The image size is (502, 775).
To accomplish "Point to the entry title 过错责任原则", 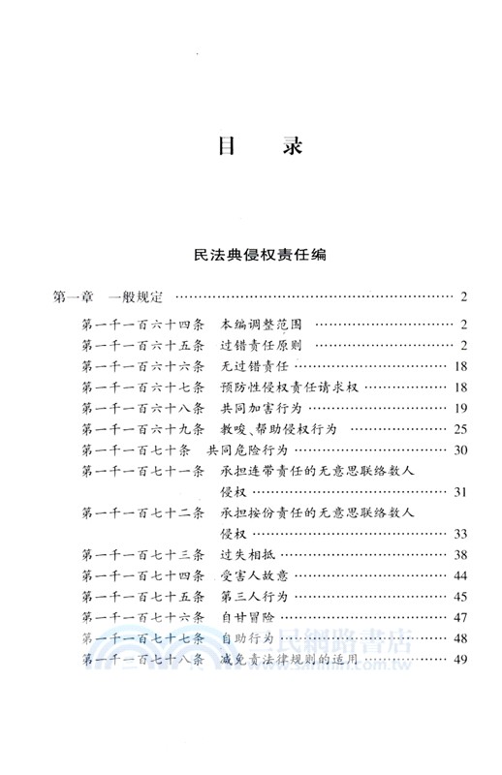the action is pyautogui.click(x=266, y=346).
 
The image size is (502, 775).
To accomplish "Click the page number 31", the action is pyautogui.click(x=459, y=492).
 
